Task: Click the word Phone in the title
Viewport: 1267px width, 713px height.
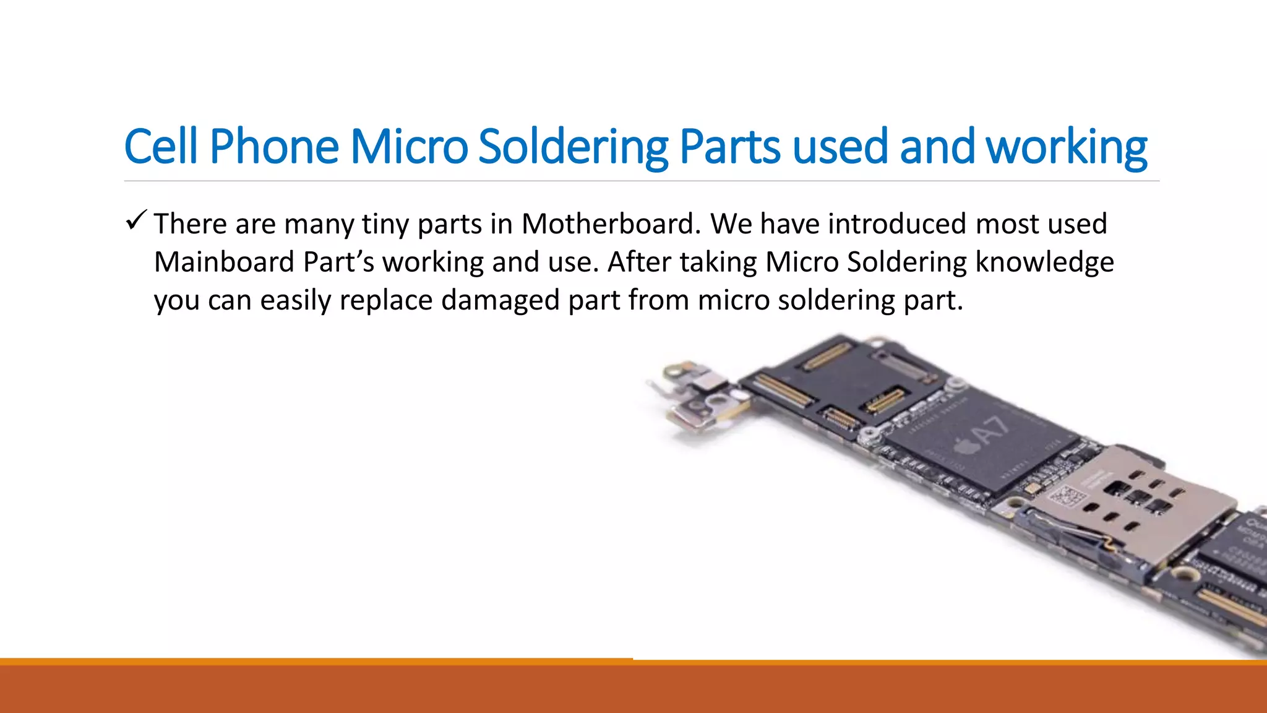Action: pyautogui.click(x=274, y=147)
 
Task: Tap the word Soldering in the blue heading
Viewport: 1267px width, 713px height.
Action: pyautogui.click(x=573, y=147)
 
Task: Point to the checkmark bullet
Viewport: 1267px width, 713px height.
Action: pyautogui.click(x=135, y=220)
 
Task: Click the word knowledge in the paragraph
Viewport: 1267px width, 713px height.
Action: pyautogui.click(x=1044, y=262)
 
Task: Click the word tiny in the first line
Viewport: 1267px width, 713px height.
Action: pyautogui.click(x=385, y=224)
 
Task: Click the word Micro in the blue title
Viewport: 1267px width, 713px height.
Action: pyautogui.click(x=409, y=147)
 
